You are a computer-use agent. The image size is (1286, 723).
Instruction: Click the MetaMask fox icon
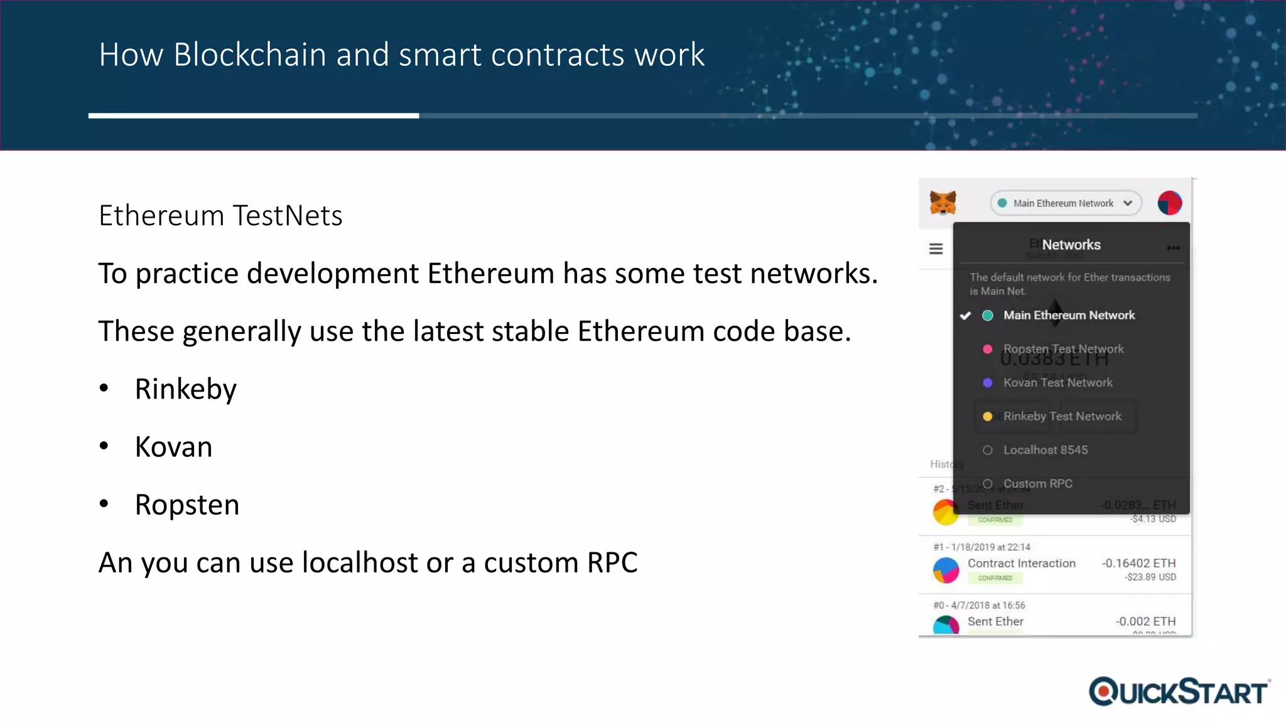pyautogui.click(x=943, y=203)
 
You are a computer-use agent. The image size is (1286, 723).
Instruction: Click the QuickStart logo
pyautogui.click(x=1179, y=692)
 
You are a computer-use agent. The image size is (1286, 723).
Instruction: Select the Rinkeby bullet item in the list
pyautogui.click(x=186, y=389)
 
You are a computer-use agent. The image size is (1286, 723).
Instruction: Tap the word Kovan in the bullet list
pyautogui.click(x=174, y=447)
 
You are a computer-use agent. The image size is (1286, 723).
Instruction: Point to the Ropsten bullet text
pyautogui.click(x=187, y=505)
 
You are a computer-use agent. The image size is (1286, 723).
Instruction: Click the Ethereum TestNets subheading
pyautogui.click(x=220, y=216)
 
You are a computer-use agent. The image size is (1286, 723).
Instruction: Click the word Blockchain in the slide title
pyautogui.click(x=250, y=55)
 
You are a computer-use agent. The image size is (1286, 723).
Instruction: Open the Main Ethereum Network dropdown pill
pyautogui.click(x=1066, y=203)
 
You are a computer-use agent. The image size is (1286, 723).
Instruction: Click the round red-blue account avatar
pyautogui.click(x=1169, y=203)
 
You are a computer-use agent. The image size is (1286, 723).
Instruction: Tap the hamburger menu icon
pyautogui.click(x=936, y=249)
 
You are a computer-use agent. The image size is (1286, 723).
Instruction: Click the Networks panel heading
pyautogui.click(x=1071, y=245)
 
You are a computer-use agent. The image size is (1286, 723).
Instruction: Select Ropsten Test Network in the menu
pyautogui.click(x=1063, y=349)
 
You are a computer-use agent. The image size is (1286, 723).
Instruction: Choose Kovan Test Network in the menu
pyautogui.click(x=1057, y=383)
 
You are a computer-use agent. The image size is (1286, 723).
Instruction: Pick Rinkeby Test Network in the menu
pyautogui.click(x=1062, y=417)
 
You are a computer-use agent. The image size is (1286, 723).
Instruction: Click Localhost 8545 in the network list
pyautogui.click(x=1045, y=450)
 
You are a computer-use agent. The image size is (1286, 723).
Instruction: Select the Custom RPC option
pyautogui.click(x=1037, y=484)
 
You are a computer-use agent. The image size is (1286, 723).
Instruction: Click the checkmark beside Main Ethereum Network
pyautogui.click(x=966, y=316)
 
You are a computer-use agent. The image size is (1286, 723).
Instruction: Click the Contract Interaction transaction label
pyautogui.click(x=1021, y=564)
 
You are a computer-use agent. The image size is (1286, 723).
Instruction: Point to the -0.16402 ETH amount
pyautogui.click(x=1138, y=564)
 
